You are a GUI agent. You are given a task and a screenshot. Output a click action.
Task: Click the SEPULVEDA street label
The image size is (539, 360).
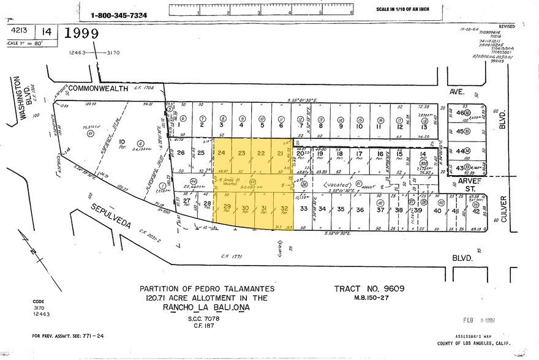(x=112, y=217)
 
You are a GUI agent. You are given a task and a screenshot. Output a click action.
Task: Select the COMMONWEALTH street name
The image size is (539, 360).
(x=98, y=89)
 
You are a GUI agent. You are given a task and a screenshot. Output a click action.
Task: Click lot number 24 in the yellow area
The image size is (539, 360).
(x=222, y=152)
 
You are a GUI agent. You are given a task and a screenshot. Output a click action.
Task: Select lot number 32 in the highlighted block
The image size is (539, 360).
(x=284, y=209)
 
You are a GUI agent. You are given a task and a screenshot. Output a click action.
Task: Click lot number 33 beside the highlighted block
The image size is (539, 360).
(x=304, y=209)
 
